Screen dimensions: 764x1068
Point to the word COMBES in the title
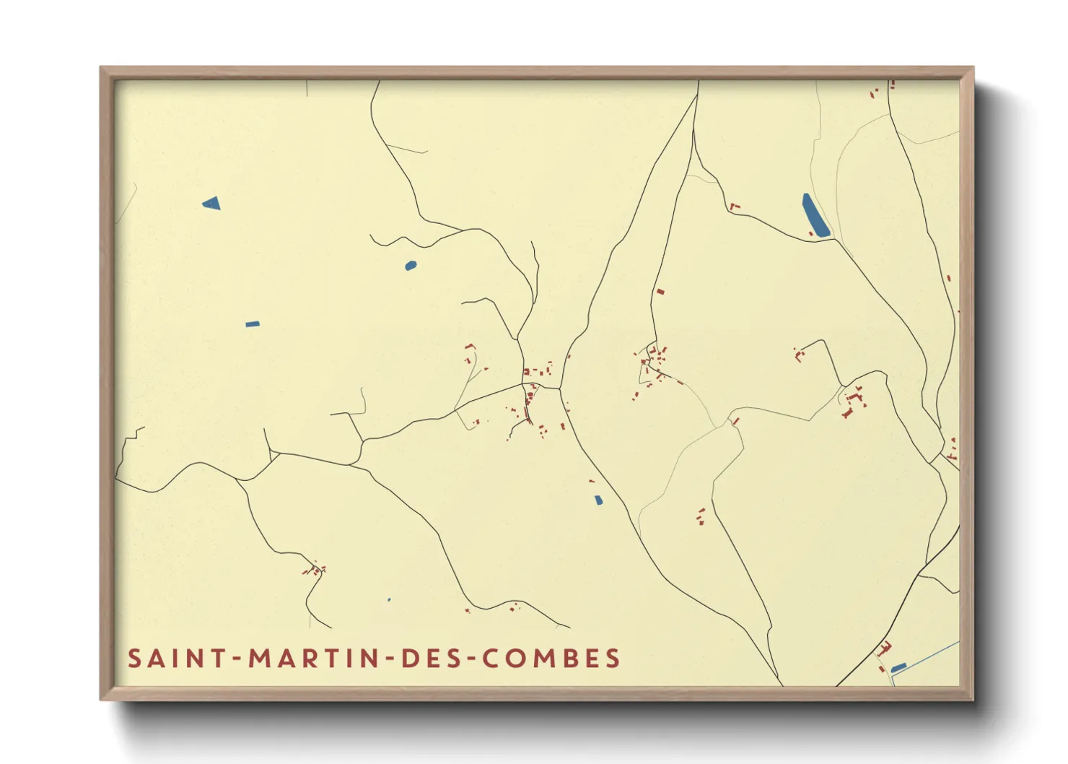pos(551,659)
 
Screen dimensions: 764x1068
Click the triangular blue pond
pos(211,203)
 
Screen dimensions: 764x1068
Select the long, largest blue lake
pos(815,214)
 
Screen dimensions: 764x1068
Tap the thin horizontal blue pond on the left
pos(252,324)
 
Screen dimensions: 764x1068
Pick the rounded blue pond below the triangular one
pos(411,266)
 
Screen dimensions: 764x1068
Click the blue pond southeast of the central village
pos(598,500)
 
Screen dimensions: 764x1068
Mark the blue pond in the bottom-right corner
pos(898,668)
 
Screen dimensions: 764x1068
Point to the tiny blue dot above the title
pos(389,599)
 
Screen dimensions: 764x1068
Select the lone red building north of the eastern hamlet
pos(660,292)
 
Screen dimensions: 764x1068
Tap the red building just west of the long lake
pos(735,207)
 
